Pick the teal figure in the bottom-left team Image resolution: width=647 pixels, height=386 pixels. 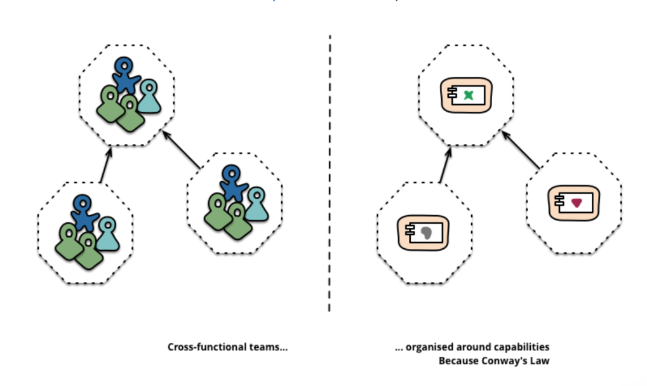(x=107, y=232)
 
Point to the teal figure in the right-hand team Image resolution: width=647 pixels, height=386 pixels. (x=256, y=202)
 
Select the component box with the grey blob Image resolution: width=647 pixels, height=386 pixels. (x=422, y=232)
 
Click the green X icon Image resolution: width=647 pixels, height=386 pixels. (x=469, y=95)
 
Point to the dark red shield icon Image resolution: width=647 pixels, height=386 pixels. (x=577, y=203)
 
